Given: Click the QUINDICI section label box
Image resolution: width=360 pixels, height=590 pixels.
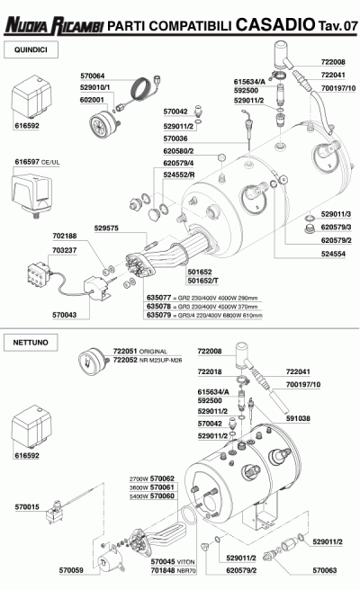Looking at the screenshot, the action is pyautogui.click(x=31, y=49).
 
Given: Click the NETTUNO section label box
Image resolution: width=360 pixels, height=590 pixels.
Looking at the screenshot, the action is pyautogui.click(x=31, y=343).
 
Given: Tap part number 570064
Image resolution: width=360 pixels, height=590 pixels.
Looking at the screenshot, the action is pyautogui.click(x=93, y=76).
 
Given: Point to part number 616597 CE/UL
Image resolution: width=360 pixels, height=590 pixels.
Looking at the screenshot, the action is pyautogui.click(x=37, y=162).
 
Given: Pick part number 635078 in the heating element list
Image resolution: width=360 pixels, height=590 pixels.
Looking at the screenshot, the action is pyautogui.click(x=159, y=307).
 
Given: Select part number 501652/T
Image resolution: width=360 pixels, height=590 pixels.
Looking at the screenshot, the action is pyautogui.click(x=203, y=281).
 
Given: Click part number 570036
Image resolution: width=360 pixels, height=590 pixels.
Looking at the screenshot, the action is pyautogui.click(x=175, y=139).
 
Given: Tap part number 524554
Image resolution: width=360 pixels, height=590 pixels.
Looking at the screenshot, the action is pyautogui.click(x=333, y=254).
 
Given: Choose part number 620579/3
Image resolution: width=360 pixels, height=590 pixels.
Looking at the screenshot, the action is pyautogui.click(x=336, y=227).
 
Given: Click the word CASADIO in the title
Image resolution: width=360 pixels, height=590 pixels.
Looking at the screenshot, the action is pyautogui.click(x=275, y=24).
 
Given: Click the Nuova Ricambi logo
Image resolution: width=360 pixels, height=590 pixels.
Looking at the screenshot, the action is pyautogui.click(x=54, y=25).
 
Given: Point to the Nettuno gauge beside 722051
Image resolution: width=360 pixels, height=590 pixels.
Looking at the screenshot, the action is pyautogui.click(x=93, y=362).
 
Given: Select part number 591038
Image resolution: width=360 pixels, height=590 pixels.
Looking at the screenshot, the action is pyautogui.click(x=298, y=418).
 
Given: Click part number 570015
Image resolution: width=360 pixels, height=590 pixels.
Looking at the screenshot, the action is pyautogui.click(x=27, y=507).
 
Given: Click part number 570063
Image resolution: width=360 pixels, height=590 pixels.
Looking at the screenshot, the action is pyautogui.click(x=325, y=570).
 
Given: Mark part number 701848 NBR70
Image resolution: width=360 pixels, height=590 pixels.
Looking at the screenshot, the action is pyautogui.click(x=174, y=570).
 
